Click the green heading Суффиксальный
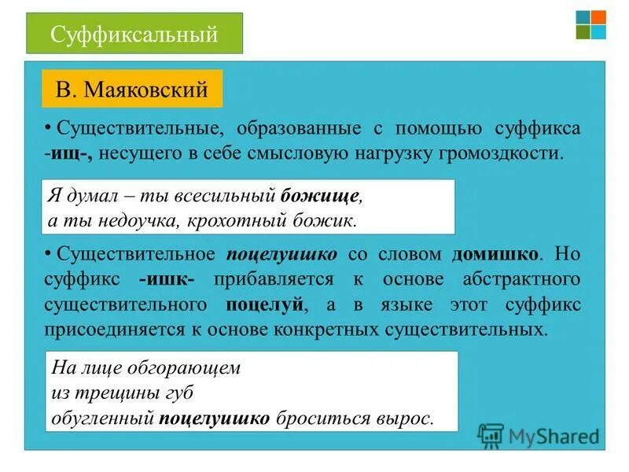click(x=134, y=34)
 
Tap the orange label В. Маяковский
click(x=132, y=89)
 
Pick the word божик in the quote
click(x=329, y=220)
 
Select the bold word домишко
click(x=495, y=254)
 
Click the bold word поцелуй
click(x=263, y=304)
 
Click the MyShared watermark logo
click(x=539, y=435)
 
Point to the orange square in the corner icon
click(x=598, y=17)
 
